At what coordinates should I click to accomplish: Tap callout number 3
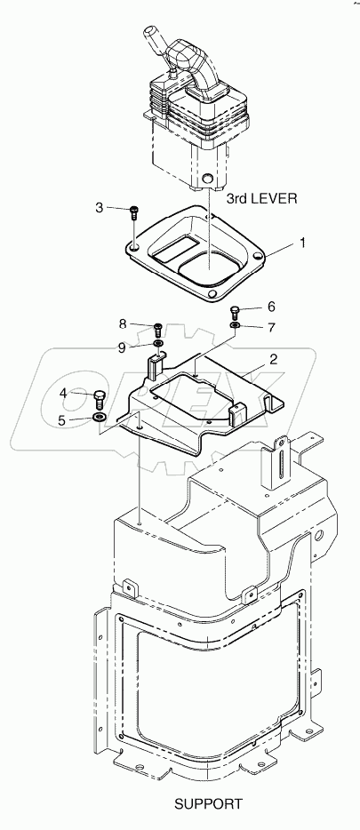coord(100,208)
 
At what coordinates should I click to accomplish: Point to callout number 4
coord(63,394)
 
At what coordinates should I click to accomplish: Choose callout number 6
coord(270,307)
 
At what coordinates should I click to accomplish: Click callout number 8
coord(124,324)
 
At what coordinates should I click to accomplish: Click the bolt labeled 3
coord(134,211)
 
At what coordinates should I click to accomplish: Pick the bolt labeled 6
coord(236,311)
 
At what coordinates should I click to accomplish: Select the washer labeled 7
coord(236,327)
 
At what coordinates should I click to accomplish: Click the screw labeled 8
coord(157,329)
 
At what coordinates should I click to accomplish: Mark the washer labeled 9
coord(157,343)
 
